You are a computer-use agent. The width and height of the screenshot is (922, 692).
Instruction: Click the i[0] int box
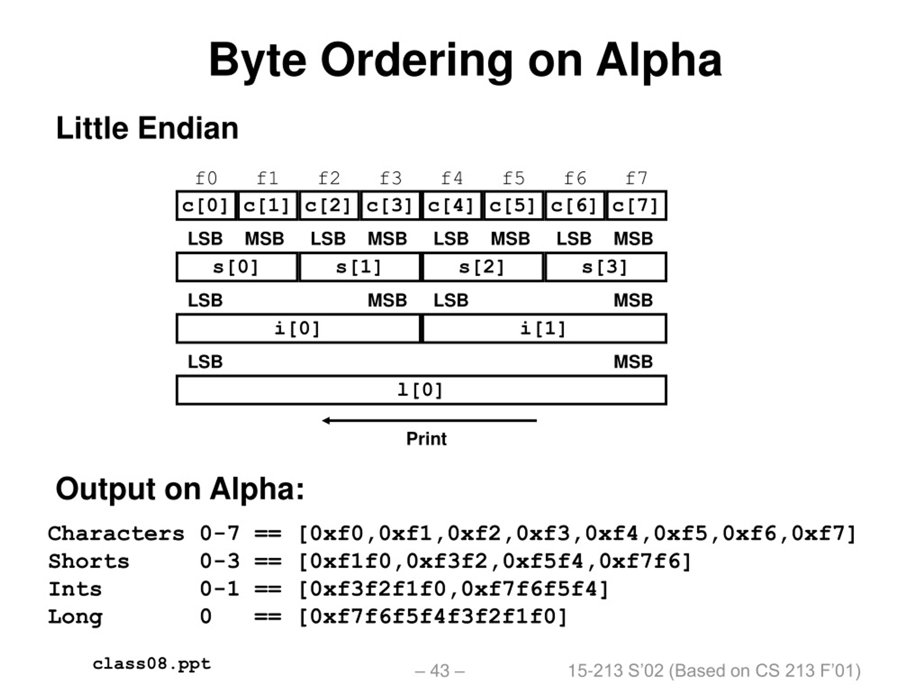[x=298, y=329]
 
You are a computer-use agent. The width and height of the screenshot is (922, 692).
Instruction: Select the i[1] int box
[x=544, y=329]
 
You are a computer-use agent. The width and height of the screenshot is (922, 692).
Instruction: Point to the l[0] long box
[x=421, y=390]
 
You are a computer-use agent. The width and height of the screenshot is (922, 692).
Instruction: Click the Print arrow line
[x=429, y=421]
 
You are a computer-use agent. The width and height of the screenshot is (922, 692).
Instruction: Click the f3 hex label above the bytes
[x=390, y=178]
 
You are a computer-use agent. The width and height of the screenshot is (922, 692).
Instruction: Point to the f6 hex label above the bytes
[x=575, y=178]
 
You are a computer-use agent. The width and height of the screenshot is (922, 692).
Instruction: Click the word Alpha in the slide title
[x=659, y=61]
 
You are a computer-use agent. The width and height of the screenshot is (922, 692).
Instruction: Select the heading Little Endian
[x=147, y=128]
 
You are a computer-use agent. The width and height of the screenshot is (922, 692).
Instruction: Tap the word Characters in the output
[x=116, y=534]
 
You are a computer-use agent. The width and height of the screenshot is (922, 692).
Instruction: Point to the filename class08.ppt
[x=152, y=664]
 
